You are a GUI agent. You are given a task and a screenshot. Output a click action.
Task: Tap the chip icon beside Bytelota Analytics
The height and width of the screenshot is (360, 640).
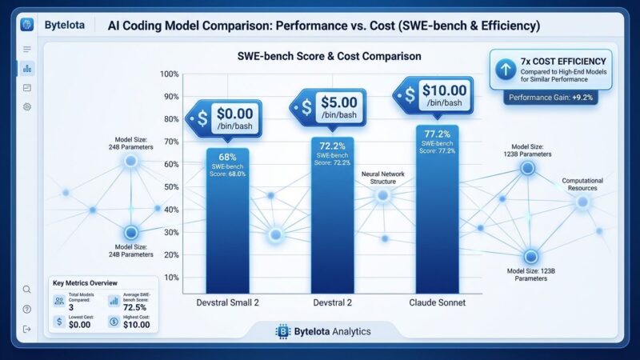pos(282,330)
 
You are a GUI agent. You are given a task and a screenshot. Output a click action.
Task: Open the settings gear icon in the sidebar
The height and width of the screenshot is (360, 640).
pos(27,106)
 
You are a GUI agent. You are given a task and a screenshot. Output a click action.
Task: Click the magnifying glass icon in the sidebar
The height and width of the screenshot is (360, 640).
pos(27,290)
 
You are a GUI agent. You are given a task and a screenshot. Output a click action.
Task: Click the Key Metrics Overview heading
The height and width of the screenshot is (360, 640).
pos(85,282)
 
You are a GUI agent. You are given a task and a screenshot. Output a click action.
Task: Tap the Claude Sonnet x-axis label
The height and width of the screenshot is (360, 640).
pos(437,303)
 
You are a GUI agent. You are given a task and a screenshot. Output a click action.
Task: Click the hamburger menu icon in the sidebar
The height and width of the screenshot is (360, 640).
pos(27,50)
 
